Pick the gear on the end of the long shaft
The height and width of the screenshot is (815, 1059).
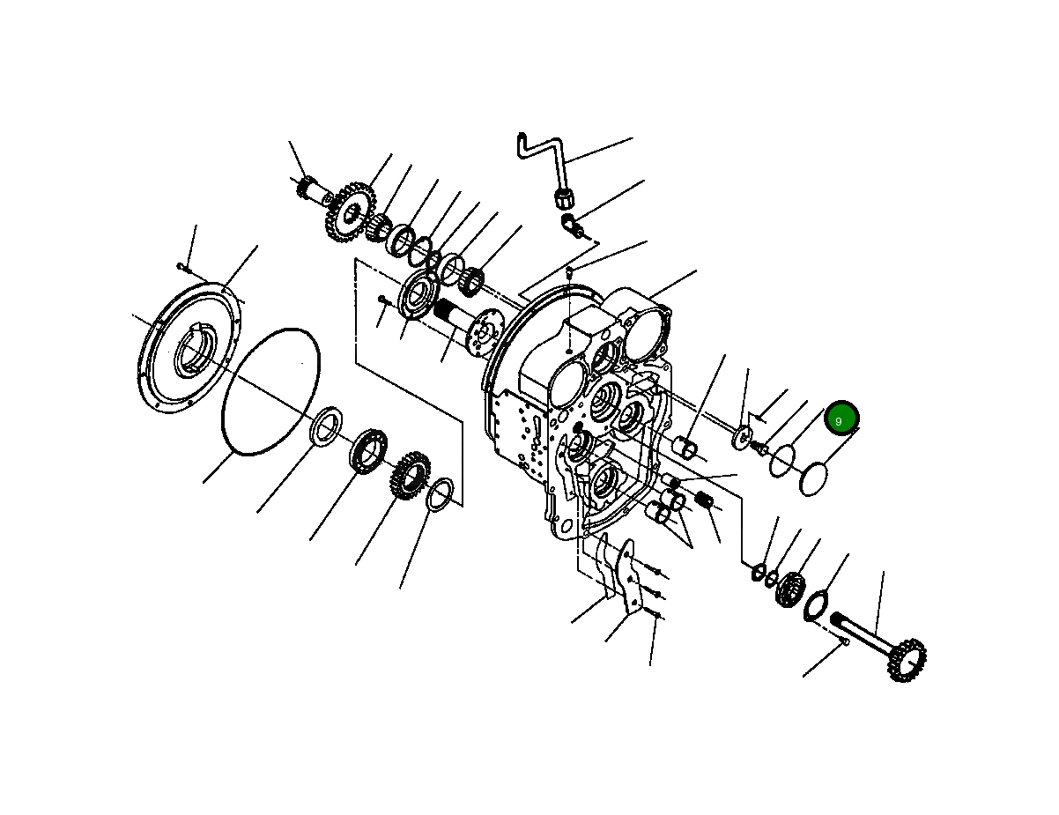coord(907,659)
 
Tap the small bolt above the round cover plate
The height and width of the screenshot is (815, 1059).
coord(181,265)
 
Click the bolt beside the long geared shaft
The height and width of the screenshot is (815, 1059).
coord(841,644)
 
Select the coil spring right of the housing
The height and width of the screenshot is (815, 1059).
coord(703,500)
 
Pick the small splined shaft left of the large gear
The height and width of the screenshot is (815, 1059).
coord(308,187)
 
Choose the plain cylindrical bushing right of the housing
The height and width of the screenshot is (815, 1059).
coord(687,448)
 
